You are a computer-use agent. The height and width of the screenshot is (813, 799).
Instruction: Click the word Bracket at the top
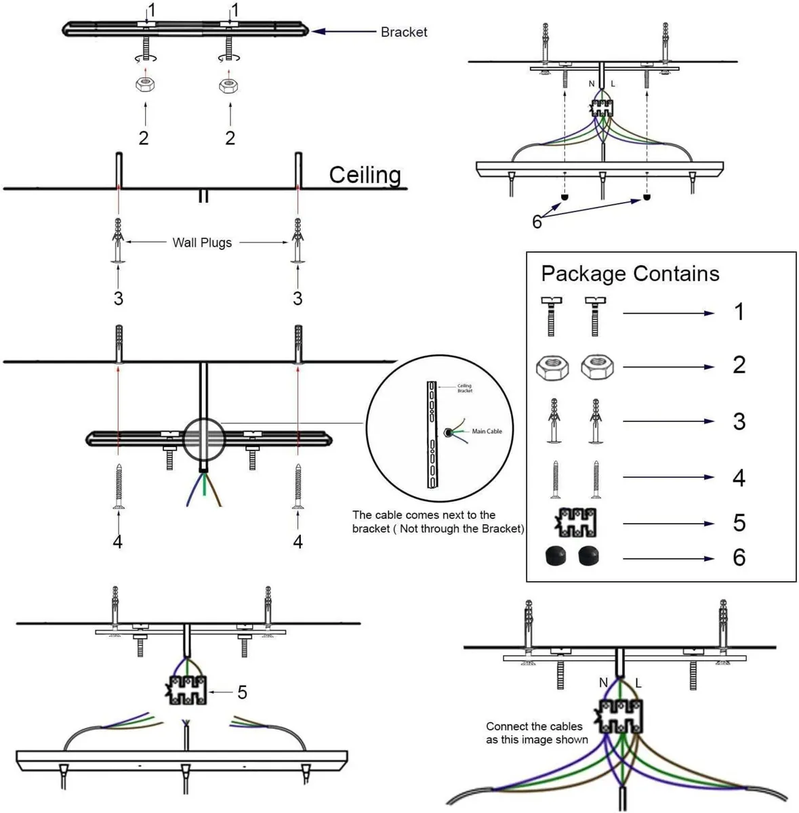404,32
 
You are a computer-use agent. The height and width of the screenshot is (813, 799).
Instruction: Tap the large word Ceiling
365,175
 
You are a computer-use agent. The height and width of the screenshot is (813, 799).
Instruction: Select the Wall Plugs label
202,243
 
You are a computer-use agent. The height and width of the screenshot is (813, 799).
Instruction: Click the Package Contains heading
630,274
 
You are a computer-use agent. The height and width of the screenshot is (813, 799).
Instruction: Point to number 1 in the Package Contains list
739,312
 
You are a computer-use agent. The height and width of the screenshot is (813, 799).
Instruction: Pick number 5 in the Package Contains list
739,523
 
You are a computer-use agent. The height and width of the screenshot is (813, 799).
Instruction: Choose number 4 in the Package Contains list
739,478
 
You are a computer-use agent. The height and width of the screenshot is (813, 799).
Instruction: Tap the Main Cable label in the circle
487,431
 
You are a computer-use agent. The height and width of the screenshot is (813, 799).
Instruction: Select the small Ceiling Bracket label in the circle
464,388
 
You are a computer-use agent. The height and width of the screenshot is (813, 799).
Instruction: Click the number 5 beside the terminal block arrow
242,692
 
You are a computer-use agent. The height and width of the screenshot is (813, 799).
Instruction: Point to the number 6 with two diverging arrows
537,222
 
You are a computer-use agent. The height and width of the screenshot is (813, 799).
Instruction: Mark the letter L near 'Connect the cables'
638,683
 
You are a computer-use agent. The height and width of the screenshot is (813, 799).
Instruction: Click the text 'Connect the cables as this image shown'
536,733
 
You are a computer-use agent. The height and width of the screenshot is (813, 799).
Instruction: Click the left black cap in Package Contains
555,557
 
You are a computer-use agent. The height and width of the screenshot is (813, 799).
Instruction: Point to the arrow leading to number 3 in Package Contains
668,421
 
